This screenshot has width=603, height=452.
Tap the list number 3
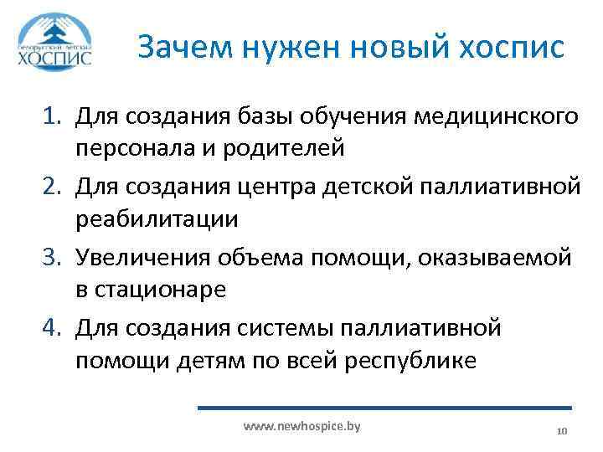click(51, 257)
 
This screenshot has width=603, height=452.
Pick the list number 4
click(51, 326)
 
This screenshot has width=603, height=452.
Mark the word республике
click(411, 362)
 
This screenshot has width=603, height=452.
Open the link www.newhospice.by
click(301, 427)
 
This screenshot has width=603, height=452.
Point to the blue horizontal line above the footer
click(384, 408)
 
